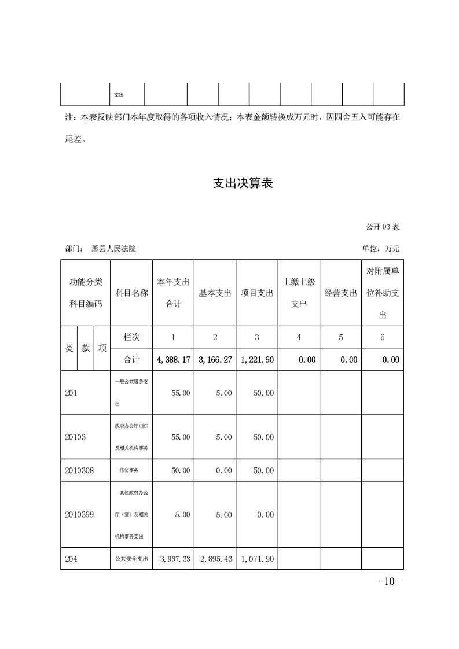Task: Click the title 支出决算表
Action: point(243,184)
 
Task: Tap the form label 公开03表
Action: point(383,226)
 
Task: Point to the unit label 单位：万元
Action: point(380,249)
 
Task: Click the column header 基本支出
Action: point(215,293)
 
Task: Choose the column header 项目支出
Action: point(257,293)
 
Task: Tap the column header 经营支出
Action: point(340,293)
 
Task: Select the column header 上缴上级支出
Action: point(299,293)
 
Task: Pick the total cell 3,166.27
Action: point(215,360)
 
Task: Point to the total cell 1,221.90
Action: point(257,360)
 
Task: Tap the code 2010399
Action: point(79,515)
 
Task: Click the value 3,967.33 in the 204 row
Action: point(175,559)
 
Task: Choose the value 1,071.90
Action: point(258,559)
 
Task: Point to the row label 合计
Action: point(132,360)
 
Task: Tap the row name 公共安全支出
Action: point(131,559)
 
